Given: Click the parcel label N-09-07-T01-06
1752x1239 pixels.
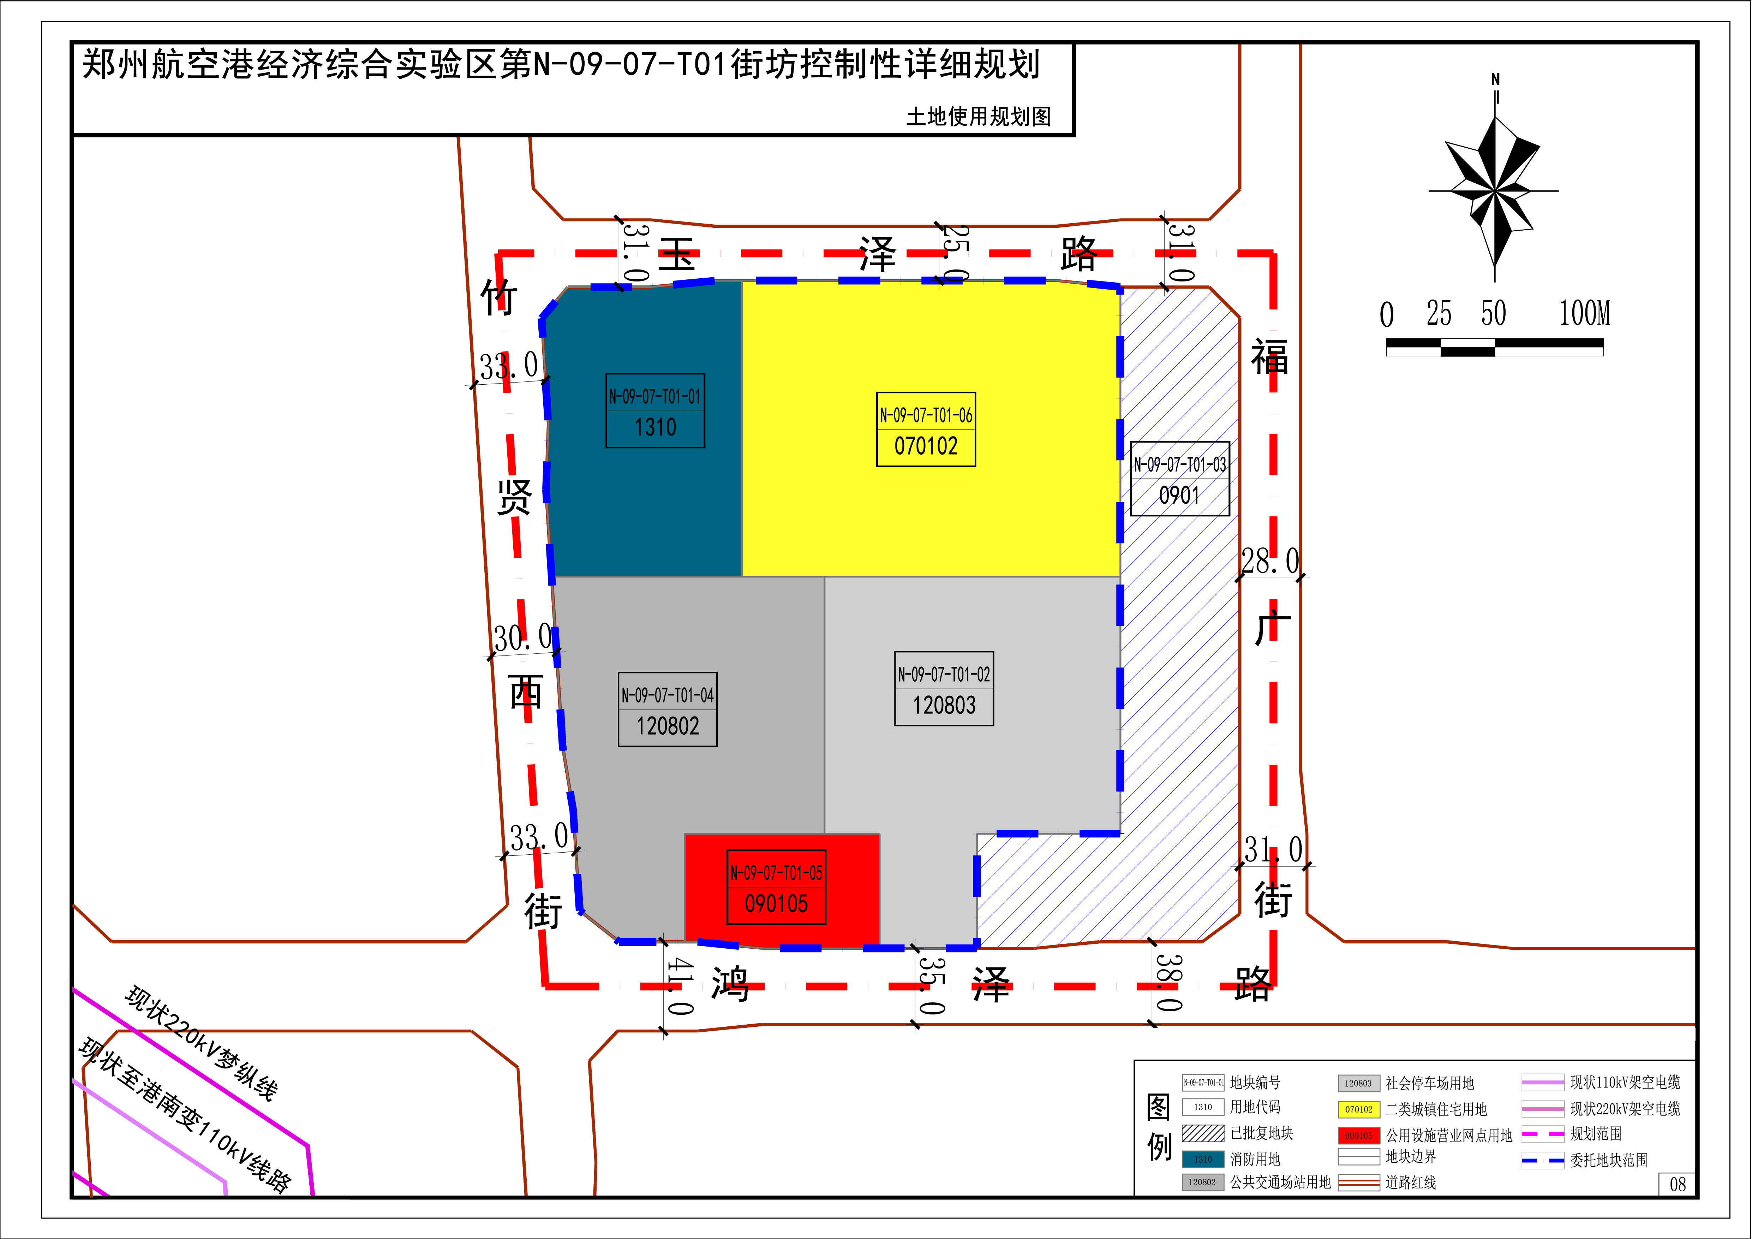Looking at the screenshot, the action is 926,415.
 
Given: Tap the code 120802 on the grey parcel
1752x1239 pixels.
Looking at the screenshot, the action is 668,726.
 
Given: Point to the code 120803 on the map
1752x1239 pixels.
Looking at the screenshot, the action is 944,705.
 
